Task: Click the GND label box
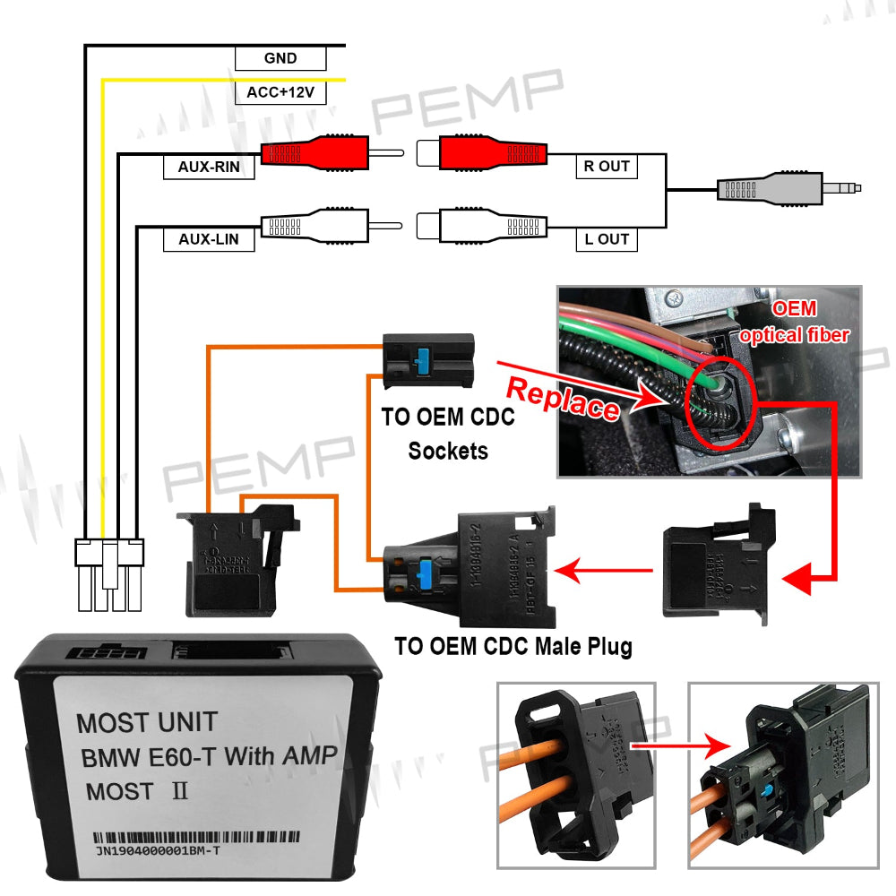tap(280, 59)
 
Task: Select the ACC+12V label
tap(280, 92)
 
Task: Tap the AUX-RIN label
tap(209, 167)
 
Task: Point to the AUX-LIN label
tap(209, 239)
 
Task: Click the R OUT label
tap(607, 167)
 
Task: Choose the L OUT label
tap(607, 239)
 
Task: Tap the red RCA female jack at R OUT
tap(484, 154)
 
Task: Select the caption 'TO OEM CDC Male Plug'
tap(513, 645)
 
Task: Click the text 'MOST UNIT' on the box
tap(146, 722)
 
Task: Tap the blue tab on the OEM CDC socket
tap(421, 358)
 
